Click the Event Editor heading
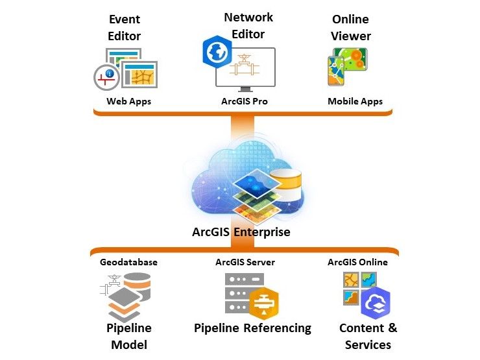click(125, 28)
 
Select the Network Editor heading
click(248, 25)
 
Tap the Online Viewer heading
click(351, 28)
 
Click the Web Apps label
click(129, 101)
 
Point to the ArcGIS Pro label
click(245, 101)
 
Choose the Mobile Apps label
click(355, 101)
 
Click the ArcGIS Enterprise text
click(241, 232)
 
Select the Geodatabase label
click(128, 262)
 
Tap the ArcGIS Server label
click(245, 262)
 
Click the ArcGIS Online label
click(357, 262)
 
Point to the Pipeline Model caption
click(128, 336)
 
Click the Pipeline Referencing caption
click(252, 328)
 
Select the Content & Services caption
click(368, 336)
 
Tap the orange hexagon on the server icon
click(264, 302)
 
